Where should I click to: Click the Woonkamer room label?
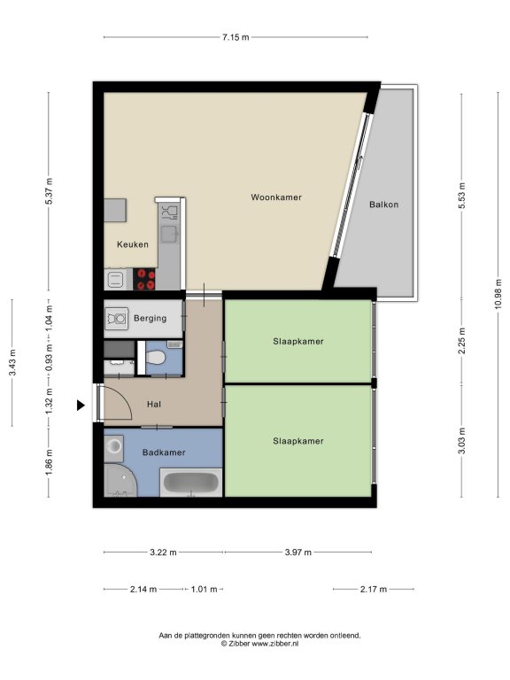pos(276,197)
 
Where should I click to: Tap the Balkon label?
pos(383,205)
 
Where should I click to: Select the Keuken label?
pos(133,244)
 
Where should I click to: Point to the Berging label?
pos(150,319)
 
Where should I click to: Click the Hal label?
pos(154,404)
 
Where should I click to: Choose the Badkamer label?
pos(164,452)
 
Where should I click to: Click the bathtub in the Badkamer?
pos(191,483)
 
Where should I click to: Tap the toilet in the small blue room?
pos(155,358)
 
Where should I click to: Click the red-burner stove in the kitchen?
pos(144,279)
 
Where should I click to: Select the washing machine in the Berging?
pos(117,319)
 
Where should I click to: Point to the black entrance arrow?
pos(81,405)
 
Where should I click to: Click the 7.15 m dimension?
pos(236,37)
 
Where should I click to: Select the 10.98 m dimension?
pos(498,294)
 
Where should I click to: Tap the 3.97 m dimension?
pos(297,552)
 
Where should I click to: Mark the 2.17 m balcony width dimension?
pos(374,589)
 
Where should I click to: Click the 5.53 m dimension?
pos(462,196)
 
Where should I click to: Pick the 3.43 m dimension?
pos(12,362)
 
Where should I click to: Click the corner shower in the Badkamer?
pos(120,481)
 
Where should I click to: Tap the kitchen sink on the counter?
pos(169,234)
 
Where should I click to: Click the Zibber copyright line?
pos(259,644)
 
